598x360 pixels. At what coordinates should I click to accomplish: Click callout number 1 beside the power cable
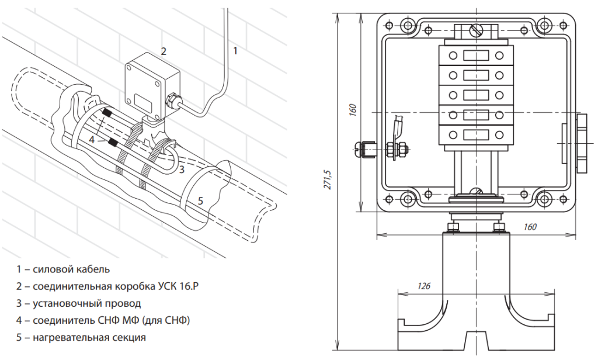[x=235, y=51]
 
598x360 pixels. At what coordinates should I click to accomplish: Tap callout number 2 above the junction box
[x=164, y=51]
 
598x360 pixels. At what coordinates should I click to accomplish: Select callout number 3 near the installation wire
[x=182, y=169]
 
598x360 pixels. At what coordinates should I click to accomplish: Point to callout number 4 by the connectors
[x=92, y=140]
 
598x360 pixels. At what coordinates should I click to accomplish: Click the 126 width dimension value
[x=425, y=286]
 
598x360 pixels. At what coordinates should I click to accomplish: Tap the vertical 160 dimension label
[x=353, y=110]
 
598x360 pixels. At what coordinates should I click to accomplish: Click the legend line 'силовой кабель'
[x=63, y=269]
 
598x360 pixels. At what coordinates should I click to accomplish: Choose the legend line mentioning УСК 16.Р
[x=112, y=286]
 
